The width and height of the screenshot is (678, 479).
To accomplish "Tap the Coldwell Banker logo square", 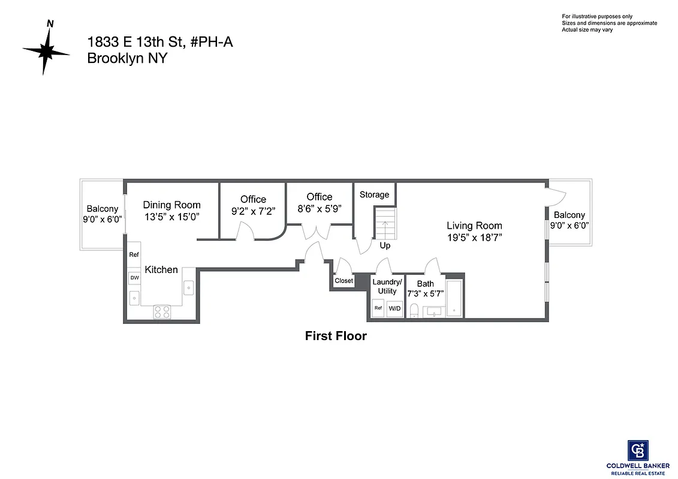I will click(x=637, y=450).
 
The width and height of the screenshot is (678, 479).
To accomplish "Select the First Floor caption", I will click(x=336, y=336).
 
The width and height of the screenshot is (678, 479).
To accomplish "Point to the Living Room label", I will click(x=474, y=226).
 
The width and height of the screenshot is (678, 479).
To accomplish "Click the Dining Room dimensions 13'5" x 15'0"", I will click(x=171, y=216).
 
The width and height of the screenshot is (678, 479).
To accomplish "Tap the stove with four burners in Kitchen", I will click(x=162, y=311).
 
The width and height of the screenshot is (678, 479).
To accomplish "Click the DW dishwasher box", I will click(x=134, y=278).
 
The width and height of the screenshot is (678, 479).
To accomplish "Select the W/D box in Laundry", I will click(x=394, y=308).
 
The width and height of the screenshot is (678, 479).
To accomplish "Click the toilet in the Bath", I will click(x=414, y=310).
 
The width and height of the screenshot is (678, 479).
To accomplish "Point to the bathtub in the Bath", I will click(x=454, y=298).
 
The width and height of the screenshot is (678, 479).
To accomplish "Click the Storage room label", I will click(x=374, y=195).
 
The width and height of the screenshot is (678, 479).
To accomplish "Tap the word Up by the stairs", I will click(x=385, y=245).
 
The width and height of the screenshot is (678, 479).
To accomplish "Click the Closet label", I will click(x=343, y=281).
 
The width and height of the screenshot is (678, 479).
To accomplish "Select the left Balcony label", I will click(x=102, y=208).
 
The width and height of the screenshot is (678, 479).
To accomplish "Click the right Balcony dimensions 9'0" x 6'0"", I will click(x=569, y=226).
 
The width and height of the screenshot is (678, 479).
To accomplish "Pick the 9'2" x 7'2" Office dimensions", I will click(x=253, y=211).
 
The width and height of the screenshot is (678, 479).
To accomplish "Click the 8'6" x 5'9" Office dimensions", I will click(x=319, y=208).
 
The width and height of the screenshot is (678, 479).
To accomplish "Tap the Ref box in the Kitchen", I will click(x=134, y=254).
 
